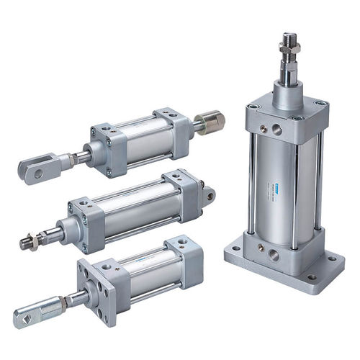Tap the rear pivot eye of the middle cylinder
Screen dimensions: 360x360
click(209, 194)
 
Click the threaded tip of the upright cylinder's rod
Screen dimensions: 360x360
click(289, 37)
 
